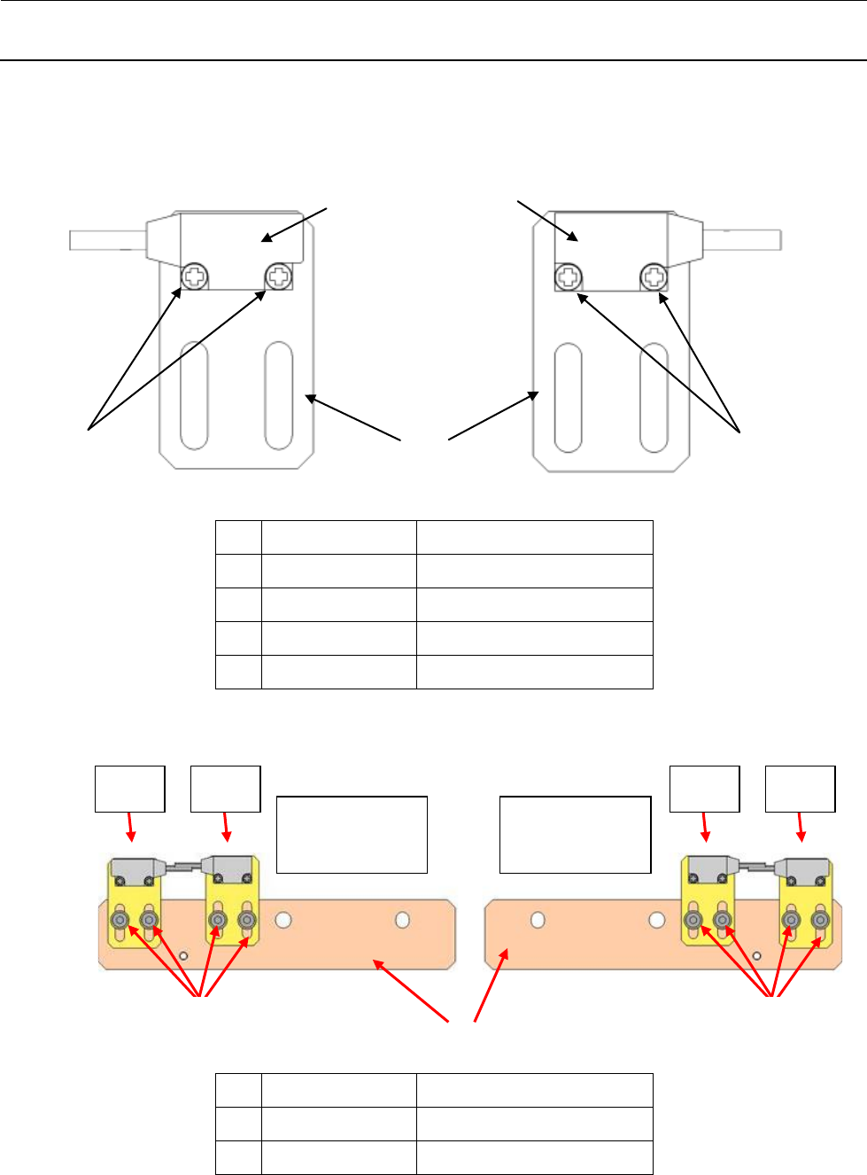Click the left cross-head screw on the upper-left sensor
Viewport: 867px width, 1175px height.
(x=194, y=278)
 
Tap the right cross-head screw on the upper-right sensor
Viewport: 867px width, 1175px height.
(x=654, y=278)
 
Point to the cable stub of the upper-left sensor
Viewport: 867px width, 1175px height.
(x=107, y=239)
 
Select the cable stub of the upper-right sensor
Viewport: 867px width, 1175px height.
(x=742, y=238)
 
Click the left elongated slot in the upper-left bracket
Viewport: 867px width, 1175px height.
(x=194, y=395)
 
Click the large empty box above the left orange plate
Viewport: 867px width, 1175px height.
(x=352, y=834)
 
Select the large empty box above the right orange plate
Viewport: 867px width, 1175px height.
(x=576, y=834)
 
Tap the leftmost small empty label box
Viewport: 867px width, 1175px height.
(x=130, y=789)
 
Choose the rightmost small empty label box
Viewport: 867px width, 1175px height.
(x=801, y=789)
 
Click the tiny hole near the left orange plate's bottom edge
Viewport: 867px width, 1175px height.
(x=183, y=956)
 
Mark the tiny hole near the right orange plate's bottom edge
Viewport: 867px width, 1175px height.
(x=757, y=956)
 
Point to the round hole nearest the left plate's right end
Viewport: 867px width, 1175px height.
(x=403, y=920)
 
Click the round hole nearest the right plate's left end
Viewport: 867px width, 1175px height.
(x=538, y=920)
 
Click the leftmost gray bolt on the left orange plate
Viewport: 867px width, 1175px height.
(x=120, y=921)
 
